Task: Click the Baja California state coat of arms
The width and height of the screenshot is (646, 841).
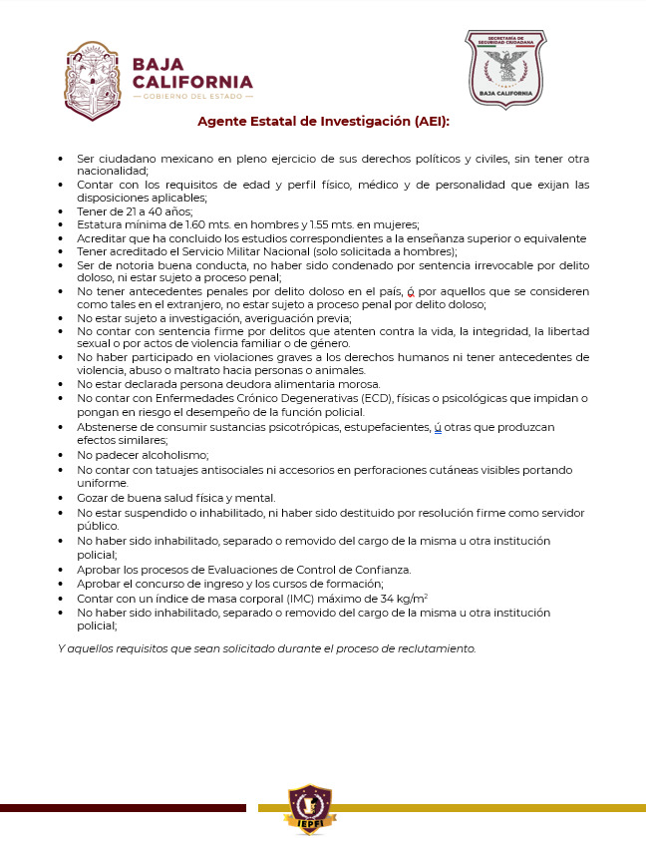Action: click(x=92, y=80)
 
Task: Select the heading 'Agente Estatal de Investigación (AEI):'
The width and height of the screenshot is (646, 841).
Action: click(x=323, y=122)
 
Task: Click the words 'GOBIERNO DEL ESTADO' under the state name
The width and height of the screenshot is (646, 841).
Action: click(x=192, y=96)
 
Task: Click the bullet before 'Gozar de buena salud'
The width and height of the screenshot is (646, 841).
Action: click(x=61, y=498)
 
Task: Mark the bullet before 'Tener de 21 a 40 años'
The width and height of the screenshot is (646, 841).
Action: click(x=61, y=211)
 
